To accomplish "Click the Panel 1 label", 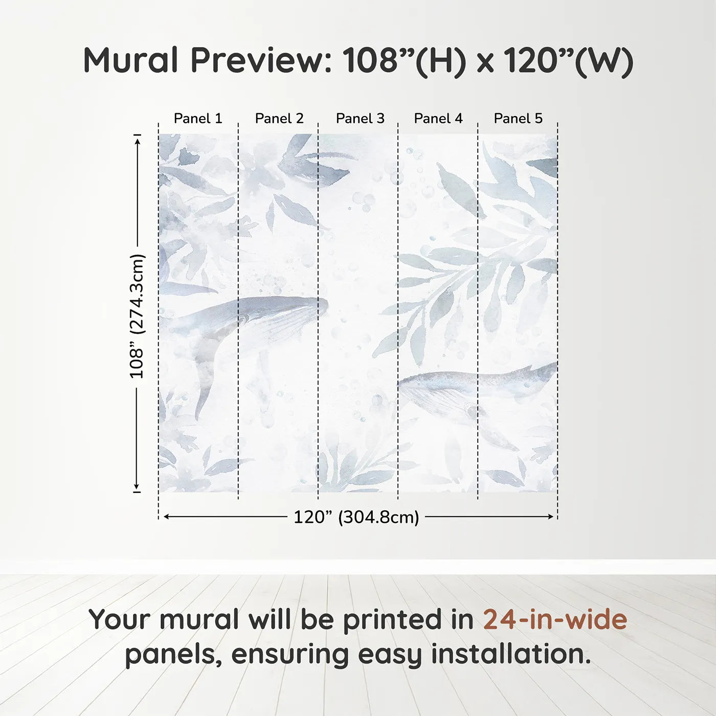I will pos(198,119).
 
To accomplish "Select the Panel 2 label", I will pos(279,119).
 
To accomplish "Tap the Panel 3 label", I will pos(360,119).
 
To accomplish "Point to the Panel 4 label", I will pos(438,119).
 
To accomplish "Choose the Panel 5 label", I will pos(518,119).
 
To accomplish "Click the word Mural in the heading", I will pos(130,60).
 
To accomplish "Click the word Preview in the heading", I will pos(261,60).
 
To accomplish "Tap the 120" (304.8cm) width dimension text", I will pos(356,517).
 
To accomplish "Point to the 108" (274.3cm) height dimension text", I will pos(137,316).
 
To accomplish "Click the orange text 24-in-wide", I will pos(555,619).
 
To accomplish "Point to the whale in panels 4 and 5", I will pos(471,389).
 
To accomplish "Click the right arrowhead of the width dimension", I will pos(551,517).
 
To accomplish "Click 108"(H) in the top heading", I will pos(404,60).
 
